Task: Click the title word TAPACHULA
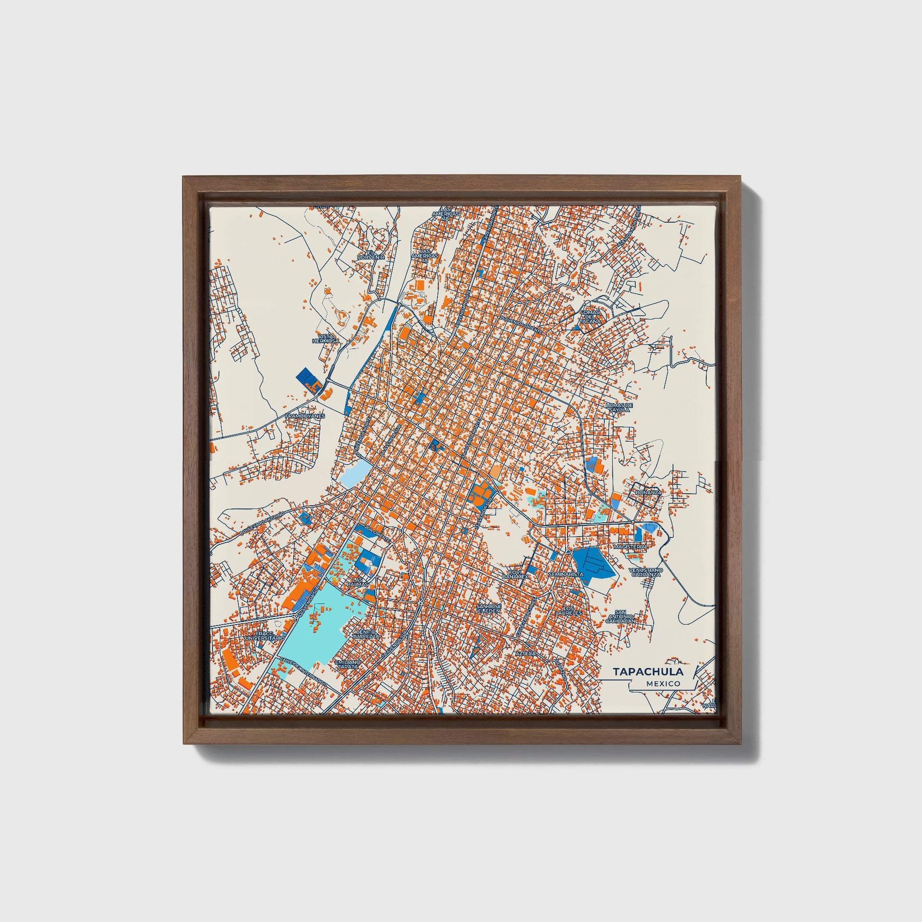tap(648, 672)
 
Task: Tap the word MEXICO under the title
tap(663, 683)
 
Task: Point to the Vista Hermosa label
tap(325, 339)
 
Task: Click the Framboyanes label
tap(305, 416)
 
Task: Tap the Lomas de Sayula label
tap(618, 407)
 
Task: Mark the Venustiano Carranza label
tap(644, 572)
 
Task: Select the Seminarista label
tap(566, 574)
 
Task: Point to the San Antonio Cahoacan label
tap(620, 616)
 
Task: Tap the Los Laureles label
tap(569, 610)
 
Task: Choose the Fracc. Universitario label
tap(265, 636)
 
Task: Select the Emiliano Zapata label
tap(346, 664)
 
